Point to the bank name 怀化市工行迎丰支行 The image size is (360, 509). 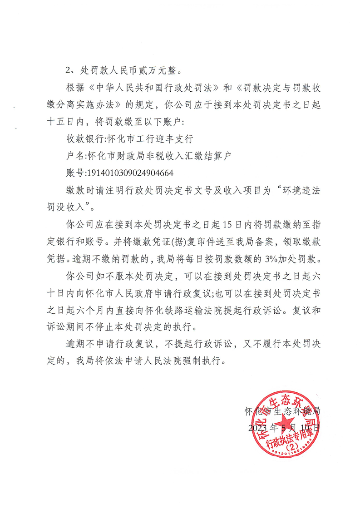click(x=144, y=138)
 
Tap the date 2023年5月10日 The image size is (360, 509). click(x=284, y=427)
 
